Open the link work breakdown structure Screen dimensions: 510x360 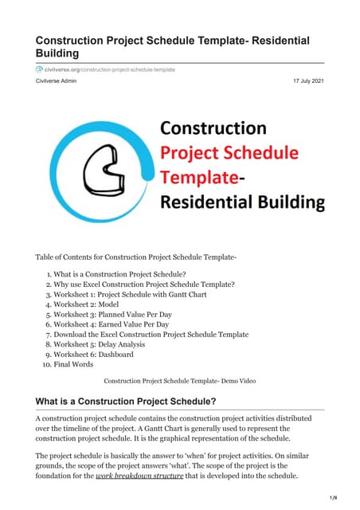pos(144,476)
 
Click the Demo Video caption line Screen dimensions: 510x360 pos(180,381)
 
